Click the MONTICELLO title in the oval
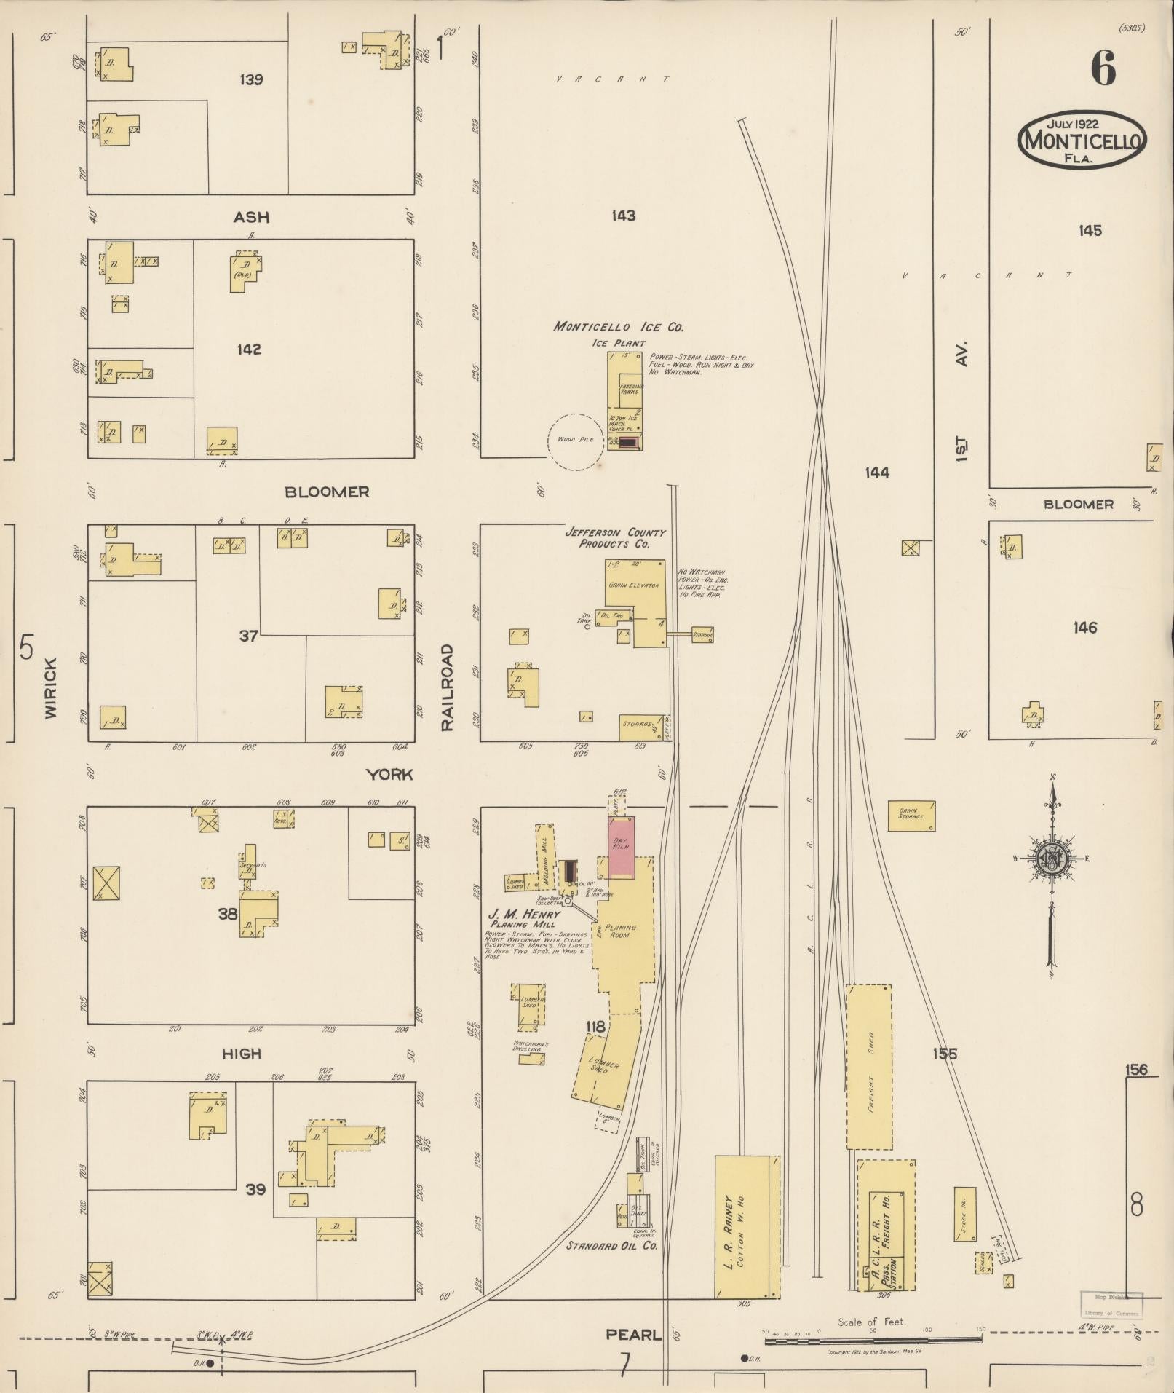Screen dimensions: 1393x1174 (1082, 140)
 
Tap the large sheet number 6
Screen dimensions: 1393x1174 (1103, 70)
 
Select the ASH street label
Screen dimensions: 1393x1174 (251, 217)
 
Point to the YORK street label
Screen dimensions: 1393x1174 (389, 774)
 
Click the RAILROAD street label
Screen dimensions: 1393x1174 (447, 687)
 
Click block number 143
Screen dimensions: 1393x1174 (623, 216)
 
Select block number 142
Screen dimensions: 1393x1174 (249, 350)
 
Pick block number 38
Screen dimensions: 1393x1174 (228, 913)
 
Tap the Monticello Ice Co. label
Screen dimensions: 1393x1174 (618, 328)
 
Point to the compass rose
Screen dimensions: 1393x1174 (1052, 859)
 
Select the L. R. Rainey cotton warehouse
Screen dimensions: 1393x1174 (746, 1227)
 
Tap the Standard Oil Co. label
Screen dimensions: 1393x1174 (612, 1245)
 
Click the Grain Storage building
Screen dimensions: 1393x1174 (911, 816)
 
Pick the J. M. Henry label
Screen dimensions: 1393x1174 (524, 915)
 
